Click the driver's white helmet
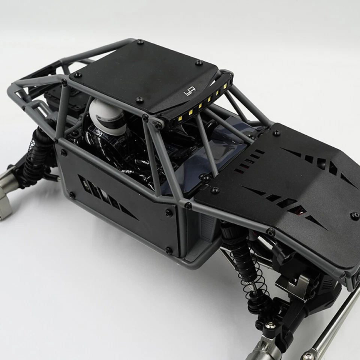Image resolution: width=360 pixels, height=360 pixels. (109, 114)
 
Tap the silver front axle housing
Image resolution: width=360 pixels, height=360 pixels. (262, 347)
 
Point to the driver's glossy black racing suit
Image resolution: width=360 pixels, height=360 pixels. (120, 150)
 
